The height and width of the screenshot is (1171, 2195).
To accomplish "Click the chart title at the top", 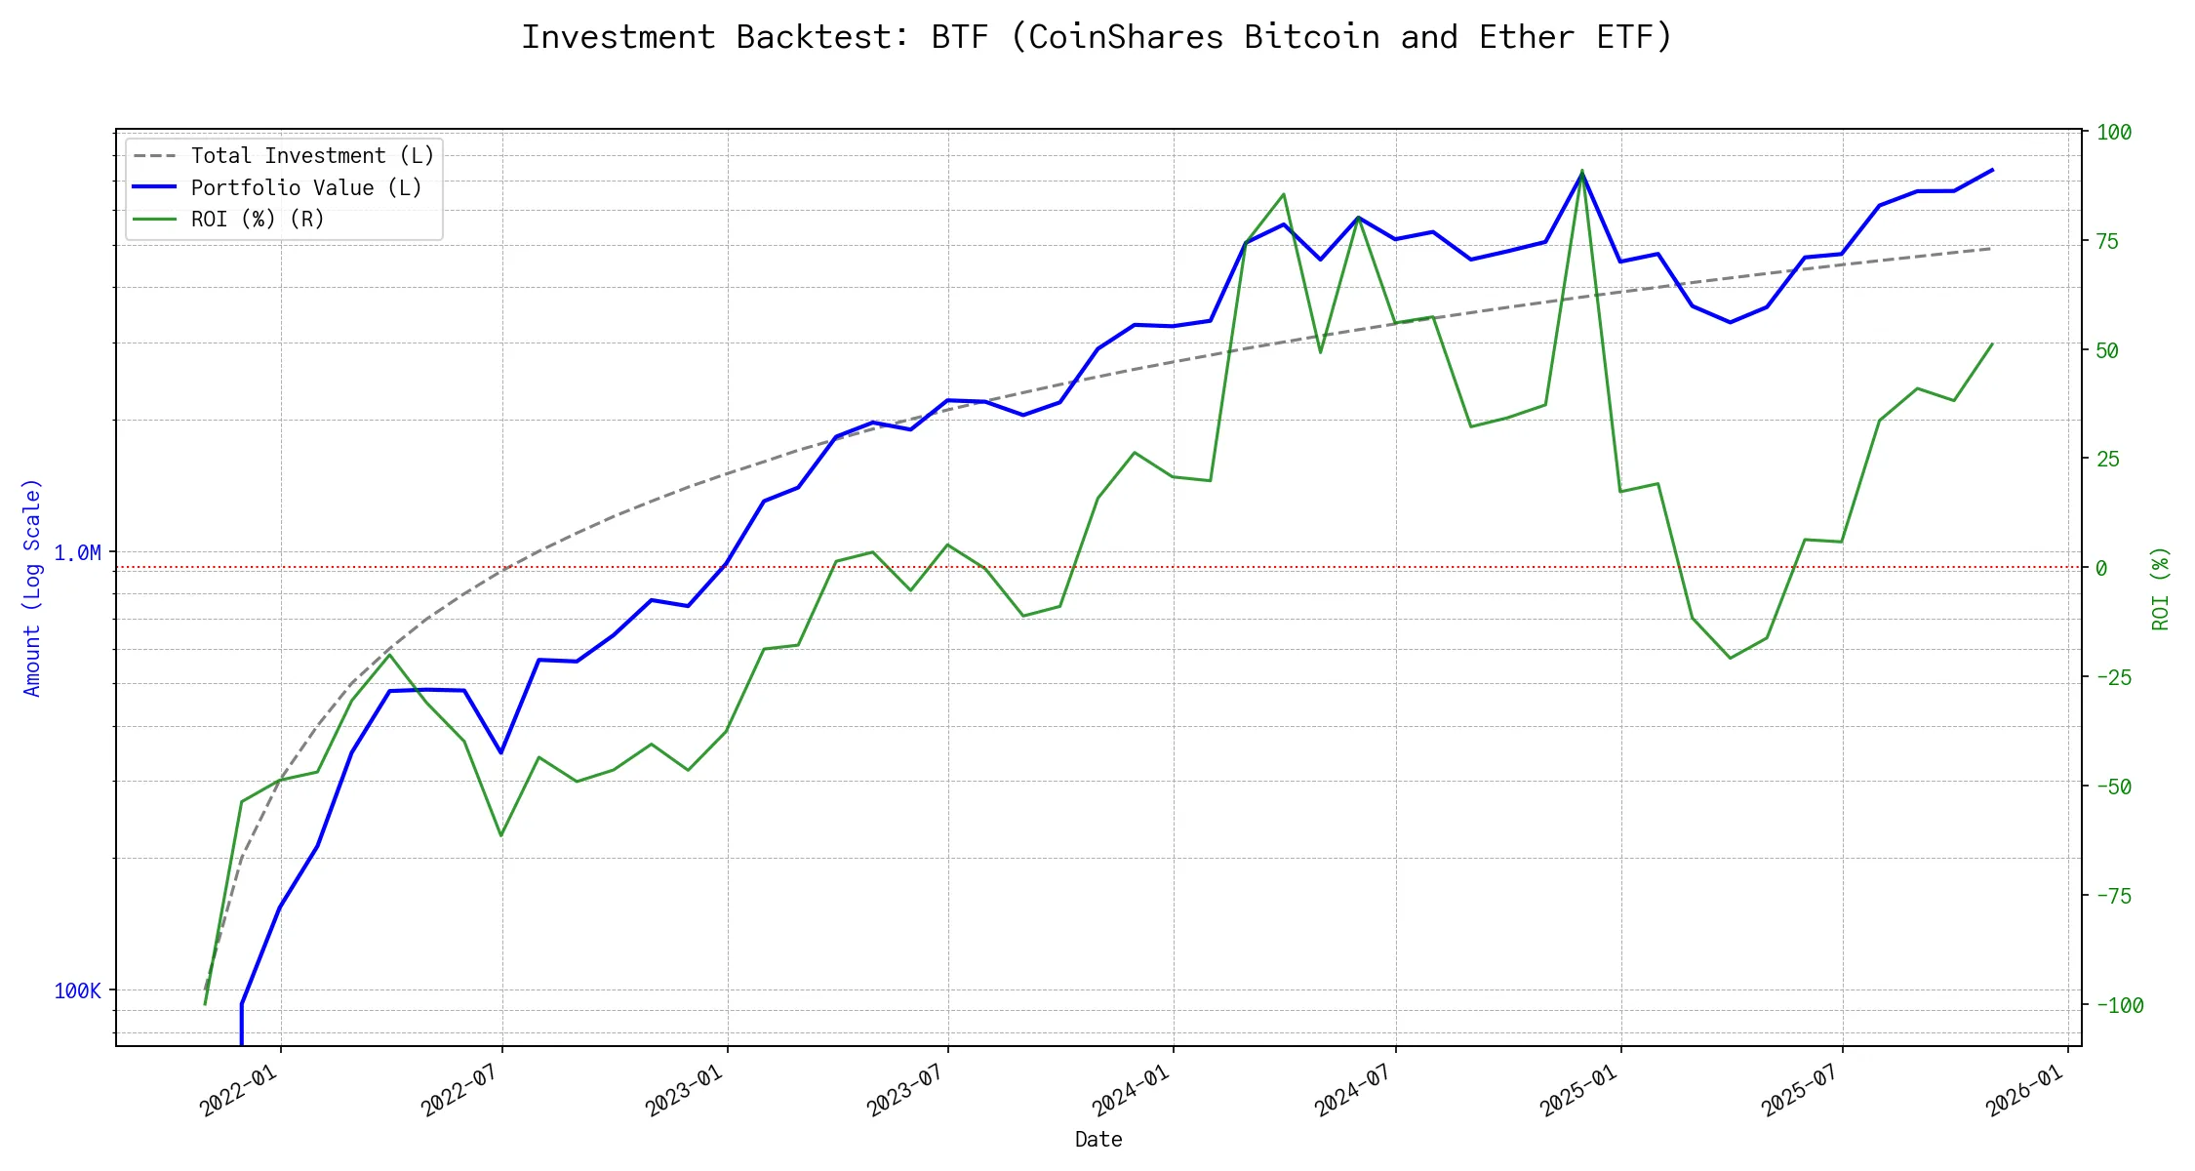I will tap(1097, 37).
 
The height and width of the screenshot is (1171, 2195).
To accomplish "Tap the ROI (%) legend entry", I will tap(257, 219).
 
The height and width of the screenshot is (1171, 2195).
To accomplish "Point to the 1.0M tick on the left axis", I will tap(77, 553).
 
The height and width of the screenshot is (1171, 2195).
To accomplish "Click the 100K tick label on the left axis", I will tap(77, 991).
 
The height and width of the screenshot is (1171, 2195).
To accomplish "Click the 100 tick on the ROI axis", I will tap(2114, 133).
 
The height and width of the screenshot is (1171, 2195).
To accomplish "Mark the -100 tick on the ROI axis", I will tap(2120, 1005).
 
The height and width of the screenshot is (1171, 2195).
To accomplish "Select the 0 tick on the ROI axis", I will tap(2101, 568).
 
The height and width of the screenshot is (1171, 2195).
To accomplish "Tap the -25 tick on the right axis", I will tap(2113, 677).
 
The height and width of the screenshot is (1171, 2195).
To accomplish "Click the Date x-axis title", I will tap(1098, 1140).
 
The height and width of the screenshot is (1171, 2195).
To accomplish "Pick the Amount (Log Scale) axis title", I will tap(32, 587).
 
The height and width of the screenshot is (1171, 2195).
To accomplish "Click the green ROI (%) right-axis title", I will tap(2161, 588).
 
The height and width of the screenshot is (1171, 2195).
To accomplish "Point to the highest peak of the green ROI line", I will tap(1582, 171).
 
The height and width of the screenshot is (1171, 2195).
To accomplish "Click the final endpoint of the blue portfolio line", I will tap(1992, 170).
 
